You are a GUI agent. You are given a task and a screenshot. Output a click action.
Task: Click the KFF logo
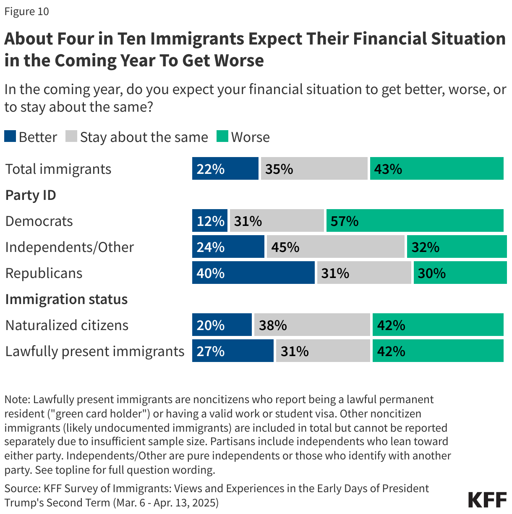(x=487, y=500)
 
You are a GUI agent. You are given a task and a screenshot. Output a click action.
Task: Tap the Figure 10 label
(x=26, y=11)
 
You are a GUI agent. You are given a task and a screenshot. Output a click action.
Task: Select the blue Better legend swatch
(x=10, y=136)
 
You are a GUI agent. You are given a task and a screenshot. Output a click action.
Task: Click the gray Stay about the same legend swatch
(x=71, y=136)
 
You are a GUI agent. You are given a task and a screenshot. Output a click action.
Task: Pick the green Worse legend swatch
(x=222, y=136)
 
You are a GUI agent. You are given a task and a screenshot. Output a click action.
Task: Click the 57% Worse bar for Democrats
(x=415, y=220)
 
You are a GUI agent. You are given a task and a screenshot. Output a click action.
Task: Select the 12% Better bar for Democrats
(x=210, y=220)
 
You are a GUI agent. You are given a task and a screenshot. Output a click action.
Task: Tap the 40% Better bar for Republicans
(x=253, y=273)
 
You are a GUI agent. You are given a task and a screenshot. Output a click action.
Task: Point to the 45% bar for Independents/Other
(x=335, y=247)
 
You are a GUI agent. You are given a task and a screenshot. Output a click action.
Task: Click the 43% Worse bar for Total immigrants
(x=436, y=168)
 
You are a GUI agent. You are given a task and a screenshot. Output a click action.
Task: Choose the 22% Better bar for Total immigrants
(x=225, y=168)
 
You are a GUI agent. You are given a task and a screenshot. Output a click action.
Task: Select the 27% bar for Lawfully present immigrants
(x=233, y=351)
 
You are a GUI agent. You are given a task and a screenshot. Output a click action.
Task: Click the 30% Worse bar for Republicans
(x=460, y=273)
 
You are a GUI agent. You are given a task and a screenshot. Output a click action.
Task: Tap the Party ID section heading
(x=31, y=195)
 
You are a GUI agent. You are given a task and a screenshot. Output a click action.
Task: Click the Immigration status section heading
(x=66, y=299)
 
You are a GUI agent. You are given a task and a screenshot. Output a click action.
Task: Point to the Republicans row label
(x=44, y=273)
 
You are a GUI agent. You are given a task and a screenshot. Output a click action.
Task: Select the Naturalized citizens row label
(x=67, y=325)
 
